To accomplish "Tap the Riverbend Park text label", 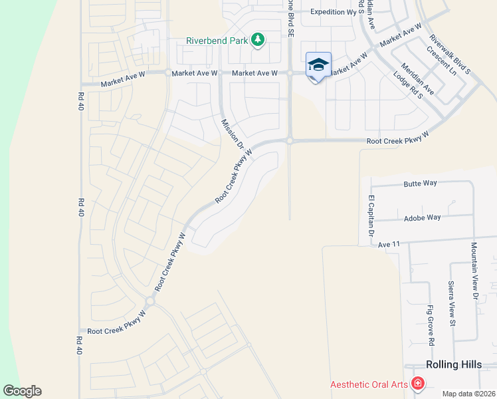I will click(216, 41).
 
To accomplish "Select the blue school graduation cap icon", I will click(318, 65).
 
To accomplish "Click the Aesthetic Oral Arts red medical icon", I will click(417, 384).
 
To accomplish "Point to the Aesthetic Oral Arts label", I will click(369, 384).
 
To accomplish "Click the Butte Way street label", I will click(422, 183).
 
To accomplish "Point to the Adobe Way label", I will click(422, 217).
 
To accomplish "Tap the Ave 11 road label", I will click(389, 245).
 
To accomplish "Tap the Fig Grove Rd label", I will click(431, 325).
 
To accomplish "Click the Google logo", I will click(22, 391).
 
